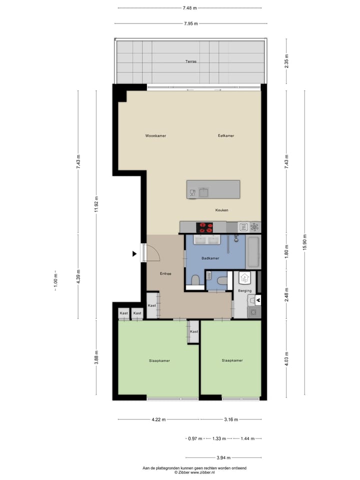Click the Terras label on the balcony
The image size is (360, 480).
click(x=190, y=61)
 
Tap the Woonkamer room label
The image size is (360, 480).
click(x=155, y=136)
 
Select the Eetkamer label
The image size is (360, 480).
click(x=226, y=136)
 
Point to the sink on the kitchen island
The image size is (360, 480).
click(x=203, y=191)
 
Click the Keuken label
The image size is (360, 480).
click(x=221, y=210)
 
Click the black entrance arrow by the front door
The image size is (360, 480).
click(x=134, y=254)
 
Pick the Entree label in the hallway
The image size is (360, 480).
click(x=165, y=273)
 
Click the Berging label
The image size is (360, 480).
click(x=244, y=290)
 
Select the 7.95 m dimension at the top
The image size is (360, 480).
click(x=190, y=23)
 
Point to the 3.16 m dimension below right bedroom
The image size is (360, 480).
click(x=230, y=419)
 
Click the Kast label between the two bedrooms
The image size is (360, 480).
click(x=194, y=331)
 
